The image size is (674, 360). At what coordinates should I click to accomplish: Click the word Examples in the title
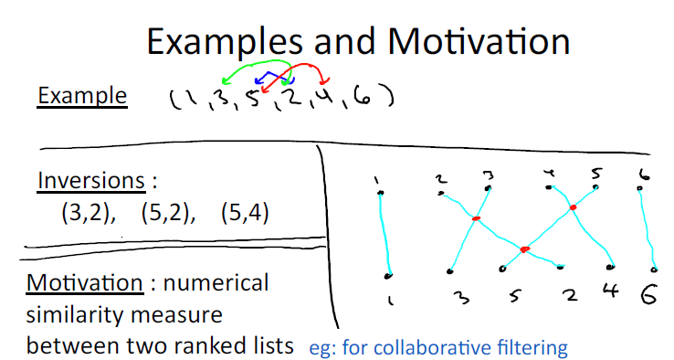click(x=225, y=43)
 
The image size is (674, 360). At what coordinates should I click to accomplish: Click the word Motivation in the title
click(x=479, y=41)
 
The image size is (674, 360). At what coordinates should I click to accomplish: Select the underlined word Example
click(x=82, y=96)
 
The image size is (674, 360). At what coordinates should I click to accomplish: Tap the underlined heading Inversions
click(x=91, y=180)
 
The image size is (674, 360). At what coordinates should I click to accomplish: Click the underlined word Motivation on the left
click(x=85, y=283)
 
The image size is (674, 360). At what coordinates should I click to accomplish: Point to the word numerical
click(x=216, y=283)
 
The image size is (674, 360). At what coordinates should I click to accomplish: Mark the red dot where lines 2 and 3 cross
click(x=476, y=219)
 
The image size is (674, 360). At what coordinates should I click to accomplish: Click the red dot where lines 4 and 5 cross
click(x=573, y=207)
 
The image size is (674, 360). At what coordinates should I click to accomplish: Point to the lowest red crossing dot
click(x=524, y=249)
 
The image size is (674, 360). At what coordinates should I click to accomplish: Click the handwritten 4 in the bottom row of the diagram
click(x=611, y=291)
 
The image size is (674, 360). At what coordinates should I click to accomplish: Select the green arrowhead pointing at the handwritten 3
click(x=225, y=80)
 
